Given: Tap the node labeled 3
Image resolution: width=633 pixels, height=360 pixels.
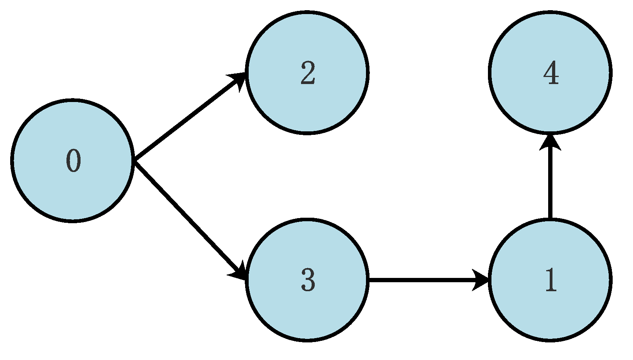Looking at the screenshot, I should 307,309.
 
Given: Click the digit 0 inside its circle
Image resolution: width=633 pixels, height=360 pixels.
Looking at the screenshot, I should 73,161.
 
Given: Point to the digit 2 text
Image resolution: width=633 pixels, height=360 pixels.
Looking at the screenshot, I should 308,73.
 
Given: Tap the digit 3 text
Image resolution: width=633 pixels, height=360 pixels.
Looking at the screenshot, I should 308,280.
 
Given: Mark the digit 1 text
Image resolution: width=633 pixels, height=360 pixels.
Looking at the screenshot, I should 551,280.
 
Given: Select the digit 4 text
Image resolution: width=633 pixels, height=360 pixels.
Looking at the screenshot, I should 551,73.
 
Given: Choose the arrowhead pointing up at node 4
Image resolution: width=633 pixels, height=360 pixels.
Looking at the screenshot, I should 550,143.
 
